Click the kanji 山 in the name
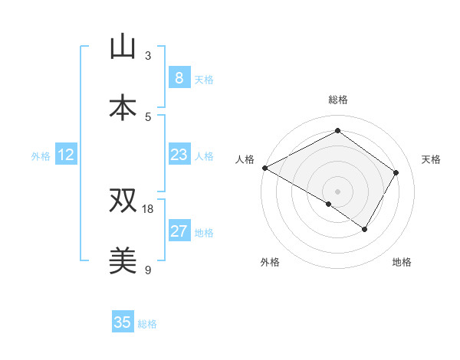point(123,47)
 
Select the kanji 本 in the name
point(123,106)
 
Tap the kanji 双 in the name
point(123,201)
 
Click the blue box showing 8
point(179,77)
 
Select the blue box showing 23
point(179,155)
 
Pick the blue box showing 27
point(179,231)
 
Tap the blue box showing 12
point(66,155)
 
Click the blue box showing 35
point(123,322)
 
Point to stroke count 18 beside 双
point(149,209)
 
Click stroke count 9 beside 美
point(147,270)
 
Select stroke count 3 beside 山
point(147,55)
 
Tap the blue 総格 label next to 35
point(147,324)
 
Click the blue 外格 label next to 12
point(41,156)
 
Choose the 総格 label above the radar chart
point(337,100)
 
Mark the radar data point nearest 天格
point(396,172)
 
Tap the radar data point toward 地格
point(365,229)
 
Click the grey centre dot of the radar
point(337,191)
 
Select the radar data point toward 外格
point(329,204)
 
